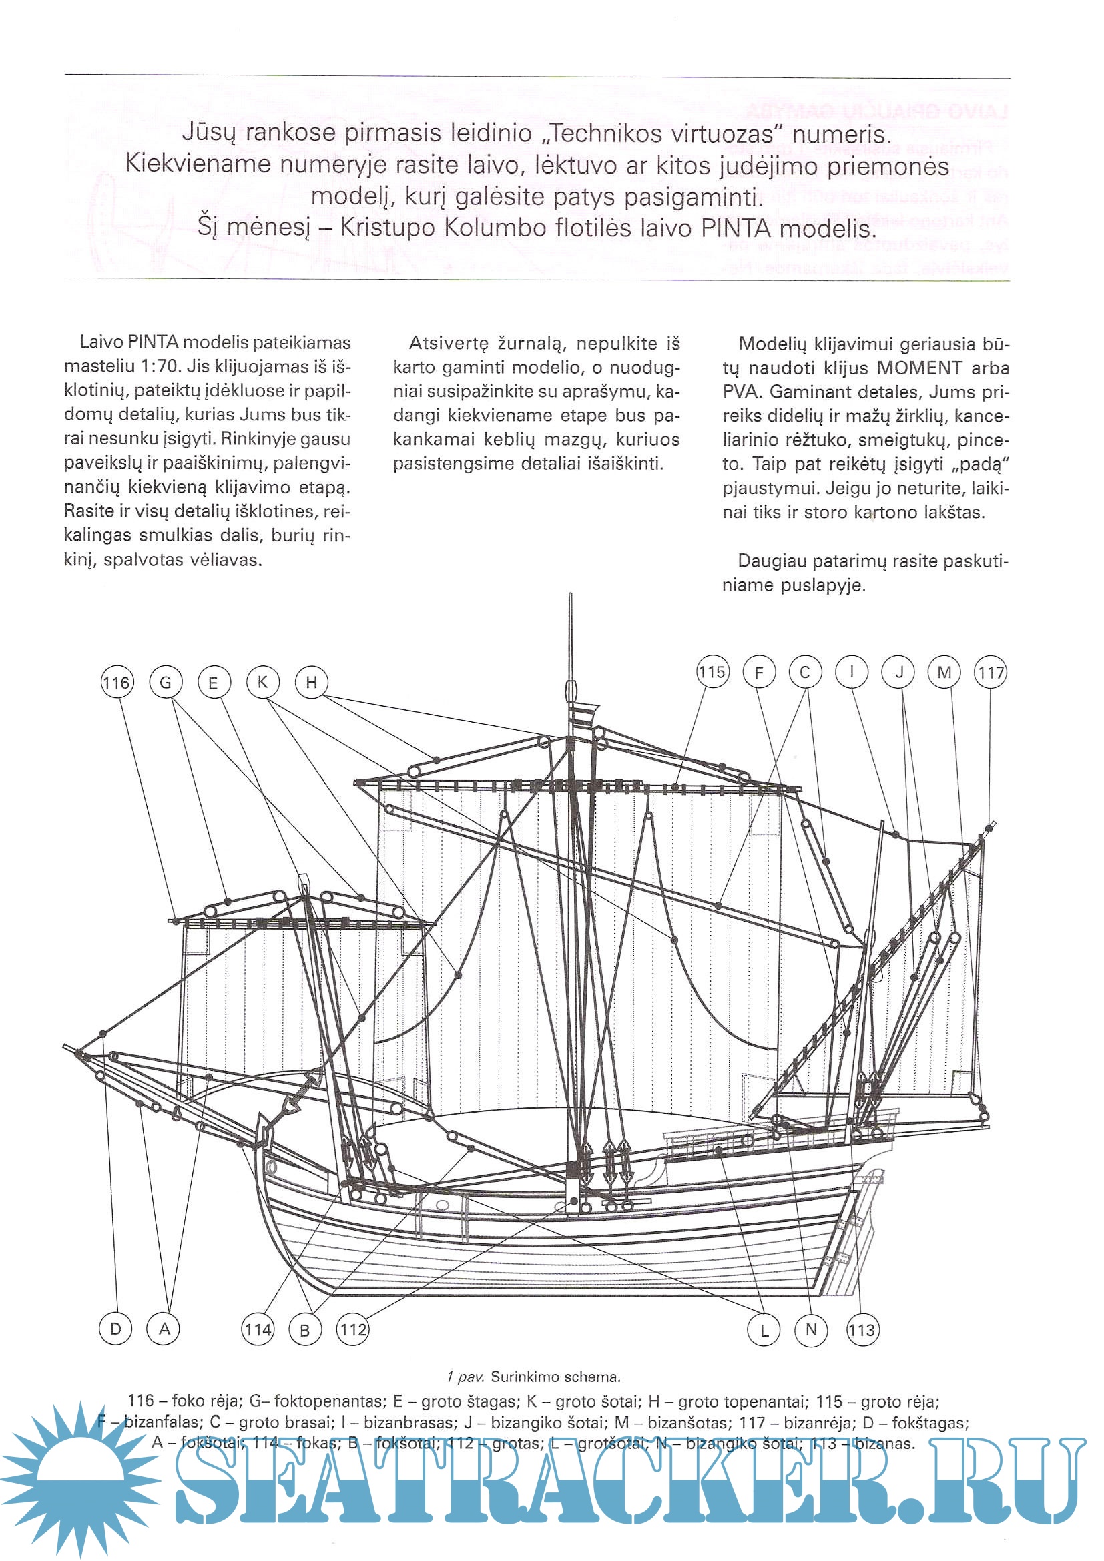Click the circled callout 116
pyautogui.click(x=117, y=683)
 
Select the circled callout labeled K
pyautogui.click(x=262, y=682)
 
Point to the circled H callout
pyautogui.click(x=311, y=682)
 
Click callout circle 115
pyautogui.click(x=712, y=673)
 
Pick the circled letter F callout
pyautogui.click(x=760, y=673)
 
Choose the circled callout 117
pyautogui.click(x=991, y=673)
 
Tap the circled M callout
pyautogui.click(x=944, y=673)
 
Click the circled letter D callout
pyautogui.click(x=115, y=1329)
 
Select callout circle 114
pyautogui.click(x=258, y=1330)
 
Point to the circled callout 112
pyautogui.click(x=353, y=1330)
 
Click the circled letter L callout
pyautogui.click(x=764, y=1330)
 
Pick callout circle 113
pyautogui.click(x=861, y=1330)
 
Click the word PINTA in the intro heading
pyautogui.click(x=737, y=228)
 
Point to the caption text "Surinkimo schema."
pyautogui.click(x=555, y=1377)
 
